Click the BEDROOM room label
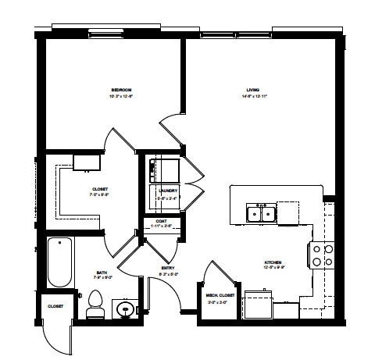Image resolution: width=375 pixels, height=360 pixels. (x=121, y=90)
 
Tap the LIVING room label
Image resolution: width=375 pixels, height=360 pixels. (x=253, y=90)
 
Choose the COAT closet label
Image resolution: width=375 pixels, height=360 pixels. (x=162, y=222)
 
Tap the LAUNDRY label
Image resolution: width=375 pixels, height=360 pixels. (x=168, y=191)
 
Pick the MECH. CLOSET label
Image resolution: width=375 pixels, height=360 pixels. (x=216, y=296)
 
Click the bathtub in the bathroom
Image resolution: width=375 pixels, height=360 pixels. (x=60, y=262)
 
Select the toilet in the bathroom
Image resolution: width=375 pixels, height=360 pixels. (x=95, y=302)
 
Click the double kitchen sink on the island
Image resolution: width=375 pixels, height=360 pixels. (x=259, y=212)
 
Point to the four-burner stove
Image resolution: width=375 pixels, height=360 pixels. (x=323, y=255)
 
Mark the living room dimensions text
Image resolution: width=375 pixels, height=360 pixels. (x=253, y=96)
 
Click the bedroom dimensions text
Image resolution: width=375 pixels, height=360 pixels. (x=121, y=96)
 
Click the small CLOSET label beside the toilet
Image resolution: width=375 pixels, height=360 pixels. (x=55, y=307)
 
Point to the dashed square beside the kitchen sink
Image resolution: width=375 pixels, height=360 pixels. (x=287, y=212)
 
